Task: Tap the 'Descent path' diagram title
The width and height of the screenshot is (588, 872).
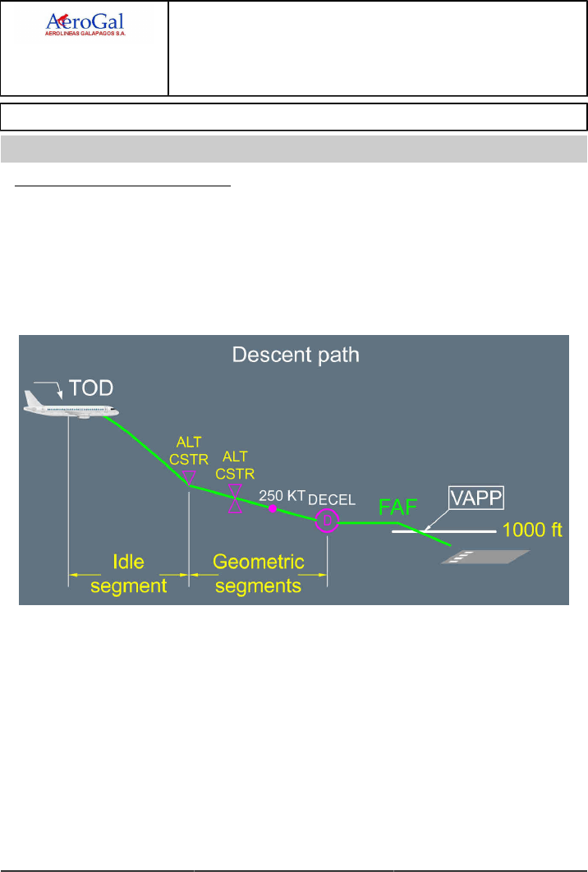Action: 296,356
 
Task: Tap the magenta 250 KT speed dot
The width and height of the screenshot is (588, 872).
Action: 272,508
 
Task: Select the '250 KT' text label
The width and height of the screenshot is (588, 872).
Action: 282,495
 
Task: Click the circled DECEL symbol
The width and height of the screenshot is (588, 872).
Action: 327,521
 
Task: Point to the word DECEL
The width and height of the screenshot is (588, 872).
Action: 332,501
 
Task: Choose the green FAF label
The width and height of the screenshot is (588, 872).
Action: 396,507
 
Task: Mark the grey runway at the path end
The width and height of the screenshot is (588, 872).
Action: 484,558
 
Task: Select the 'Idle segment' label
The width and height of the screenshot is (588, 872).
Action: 129,574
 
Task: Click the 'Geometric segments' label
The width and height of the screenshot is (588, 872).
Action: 259,574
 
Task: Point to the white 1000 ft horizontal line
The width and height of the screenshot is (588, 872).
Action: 443,532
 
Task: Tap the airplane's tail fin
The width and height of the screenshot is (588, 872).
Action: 31,397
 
